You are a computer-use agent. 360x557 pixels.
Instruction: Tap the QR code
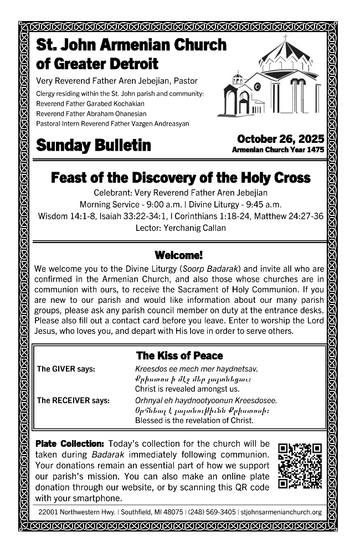[300, 466]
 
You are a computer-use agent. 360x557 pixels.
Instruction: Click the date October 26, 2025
[280, 139]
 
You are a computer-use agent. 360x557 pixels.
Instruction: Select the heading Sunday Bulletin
[93, 145]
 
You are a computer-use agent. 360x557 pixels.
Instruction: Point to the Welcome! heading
[179, 255]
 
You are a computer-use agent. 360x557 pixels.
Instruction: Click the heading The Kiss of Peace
[179, 355]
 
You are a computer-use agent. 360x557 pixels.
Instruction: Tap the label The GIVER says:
[66, 369]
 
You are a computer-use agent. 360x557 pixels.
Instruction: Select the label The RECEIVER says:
[73, 400]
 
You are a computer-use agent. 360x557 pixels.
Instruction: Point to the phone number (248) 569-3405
[212, 512]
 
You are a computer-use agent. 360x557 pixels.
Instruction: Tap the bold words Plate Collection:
[70, 444]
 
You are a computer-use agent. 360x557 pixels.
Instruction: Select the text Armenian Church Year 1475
[278, 149]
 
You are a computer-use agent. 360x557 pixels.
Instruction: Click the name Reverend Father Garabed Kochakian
[90, 104]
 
